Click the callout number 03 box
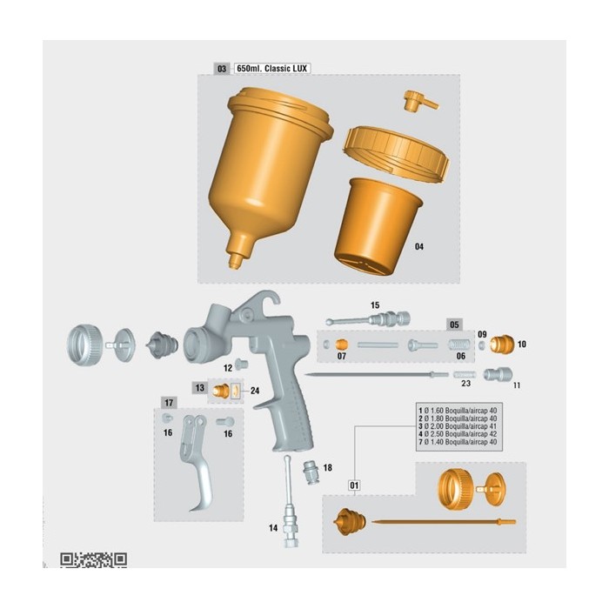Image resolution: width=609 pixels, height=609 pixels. (x=222, y=69)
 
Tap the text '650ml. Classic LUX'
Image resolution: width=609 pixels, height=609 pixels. (x=271, y=69)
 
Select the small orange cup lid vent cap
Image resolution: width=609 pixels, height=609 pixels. (x=420, y=101)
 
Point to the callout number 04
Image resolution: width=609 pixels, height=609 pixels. (x=419, y=246)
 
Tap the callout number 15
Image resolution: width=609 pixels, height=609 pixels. (x=375, y=305)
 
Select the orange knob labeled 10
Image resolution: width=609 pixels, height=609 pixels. (x=502, y=345)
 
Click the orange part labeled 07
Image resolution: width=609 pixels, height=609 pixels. (x=341, y=345)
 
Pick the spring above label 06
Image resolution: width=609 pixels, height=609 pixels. (x=459, y=345)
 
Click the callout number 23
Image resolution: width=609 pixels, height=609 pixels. (x=465, y=384)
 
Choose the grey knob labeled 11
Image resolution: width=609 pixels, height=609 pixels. (x=498, y=374)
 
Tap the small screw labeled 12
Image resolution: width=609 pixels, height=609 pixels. (x=242, y=365)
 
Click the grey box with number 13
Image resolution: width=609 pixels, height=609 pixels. (x=199, y=388)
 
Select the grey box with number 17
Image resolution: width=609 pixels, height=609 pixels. (x=169, y=403)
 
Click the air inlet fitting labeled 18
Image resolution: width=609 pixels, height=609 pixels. (x=311, y=472)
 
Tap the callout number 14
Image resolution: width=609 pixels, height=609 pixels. (x=273, y=528)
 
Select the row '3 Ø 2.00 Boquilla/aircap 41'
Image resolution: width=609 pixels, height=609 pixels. (x=458, y=426)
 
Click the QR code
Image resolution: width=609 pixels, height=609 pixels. (x=94, y=559)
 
